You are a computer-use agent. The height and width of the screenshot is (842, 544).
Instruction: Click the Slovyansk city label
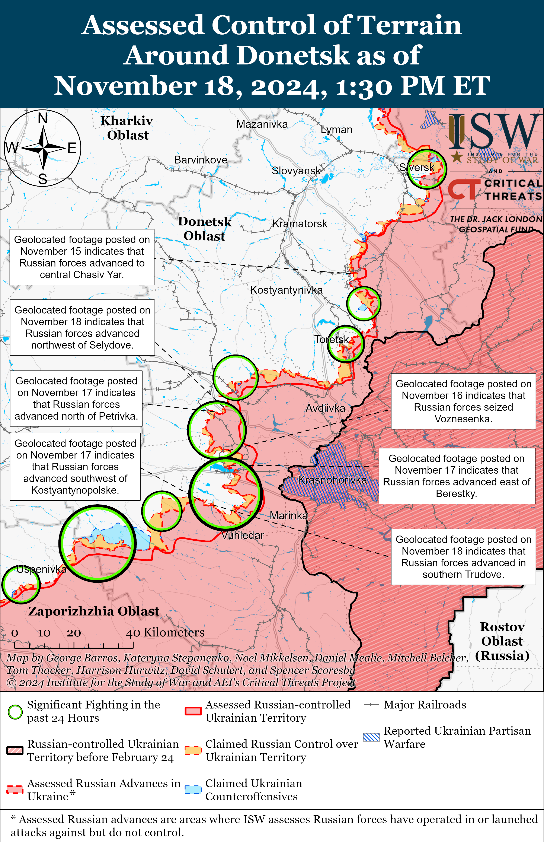[296, 171]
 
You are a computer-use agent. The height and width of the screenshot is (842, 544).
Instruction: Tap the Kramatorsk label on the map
[300, 224]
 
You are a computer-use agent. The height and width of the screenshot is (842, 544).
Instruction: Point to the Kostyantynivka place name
[286, 290]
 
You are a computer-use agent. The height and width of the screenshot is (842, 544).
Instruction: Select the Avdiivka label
[325, 408]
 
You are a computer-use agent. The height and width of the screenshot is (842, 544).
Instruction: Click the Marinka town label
[289, 515]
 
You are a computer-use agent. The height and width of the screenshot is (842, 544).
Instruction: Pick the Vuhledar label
[243, 535]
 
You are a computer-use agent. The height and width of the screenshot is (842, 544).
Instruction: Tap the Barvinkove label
[201, 160]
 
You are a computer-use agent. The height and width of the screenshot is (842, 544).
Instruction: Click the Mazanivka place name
[262, 124]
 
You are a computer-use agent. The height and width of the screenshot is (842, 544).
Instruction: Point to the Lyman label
[336, 130]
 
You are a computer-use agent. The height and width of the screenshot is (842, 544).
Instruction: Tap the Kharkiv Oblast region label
[127, 128]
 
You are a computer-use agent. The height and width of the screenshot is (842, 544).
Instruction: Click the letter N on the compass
[43, 118]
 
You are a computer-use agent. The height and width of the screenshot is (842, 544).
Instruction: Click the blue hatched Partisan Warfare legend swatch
[371, 737]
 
